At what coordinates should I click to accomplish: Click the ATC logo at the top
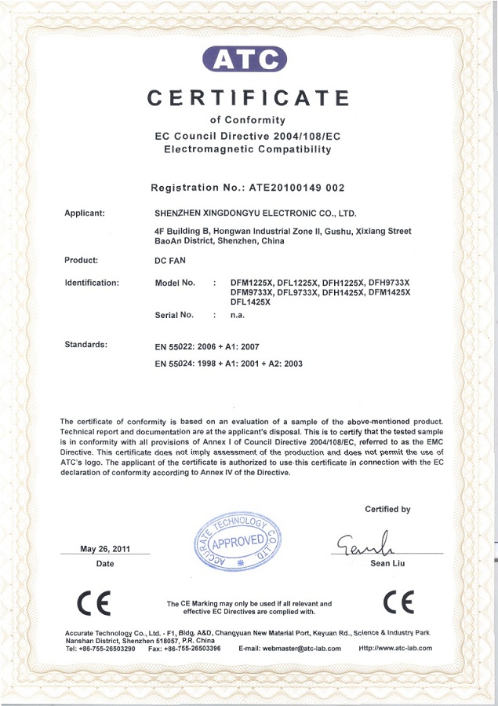click(x=245, y=58)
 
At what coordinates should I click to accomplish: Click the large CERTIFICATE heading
click(x=249, y=98)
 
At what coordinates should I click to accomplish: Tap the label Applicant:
click(x=85, y=213)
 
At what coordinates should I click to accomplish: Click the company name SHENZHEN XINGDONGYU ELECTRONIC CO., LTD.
click(x=256, y=213)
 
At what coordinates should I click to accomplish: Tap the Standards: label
click(x=86, y=345)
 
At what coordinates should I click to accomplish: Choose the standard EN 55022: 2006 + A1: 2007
click(x=208, y=346)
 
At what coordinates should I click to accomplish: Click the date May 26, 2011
click(x=105, y=549)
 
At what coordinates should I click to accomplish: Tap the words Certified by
click(x=387, y=510)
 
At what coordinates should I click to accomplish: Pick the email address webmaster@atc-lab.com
click(x=289, y=649)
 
